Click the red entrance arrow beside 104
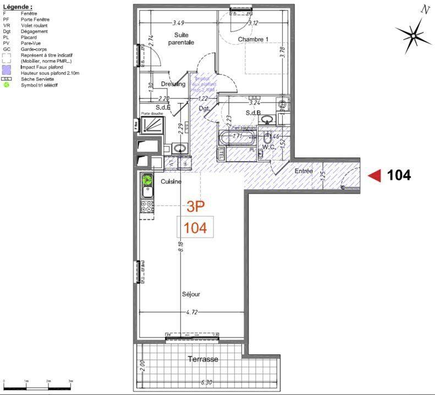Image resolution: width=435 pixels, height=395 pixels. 375,175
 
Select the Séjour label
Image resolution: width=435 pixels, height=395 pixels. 191,294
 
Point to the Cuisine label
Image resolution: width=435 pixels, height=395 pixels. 171,181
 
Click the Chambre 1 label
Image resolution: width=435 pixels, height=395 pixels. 253,39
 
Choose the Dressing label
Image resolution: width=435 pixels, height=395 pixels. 173,84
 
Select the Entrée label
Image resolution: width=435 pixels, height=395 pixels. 304,171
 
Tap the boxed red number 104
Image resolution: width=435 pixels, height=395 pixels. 195,228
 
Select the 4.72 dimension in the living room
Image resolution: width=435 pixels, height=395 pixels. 191,312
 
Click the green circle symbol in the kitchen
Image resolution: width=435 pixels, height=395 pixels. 147,178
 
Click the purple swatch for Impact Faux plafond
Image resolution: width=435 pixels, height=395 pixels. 7,70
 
